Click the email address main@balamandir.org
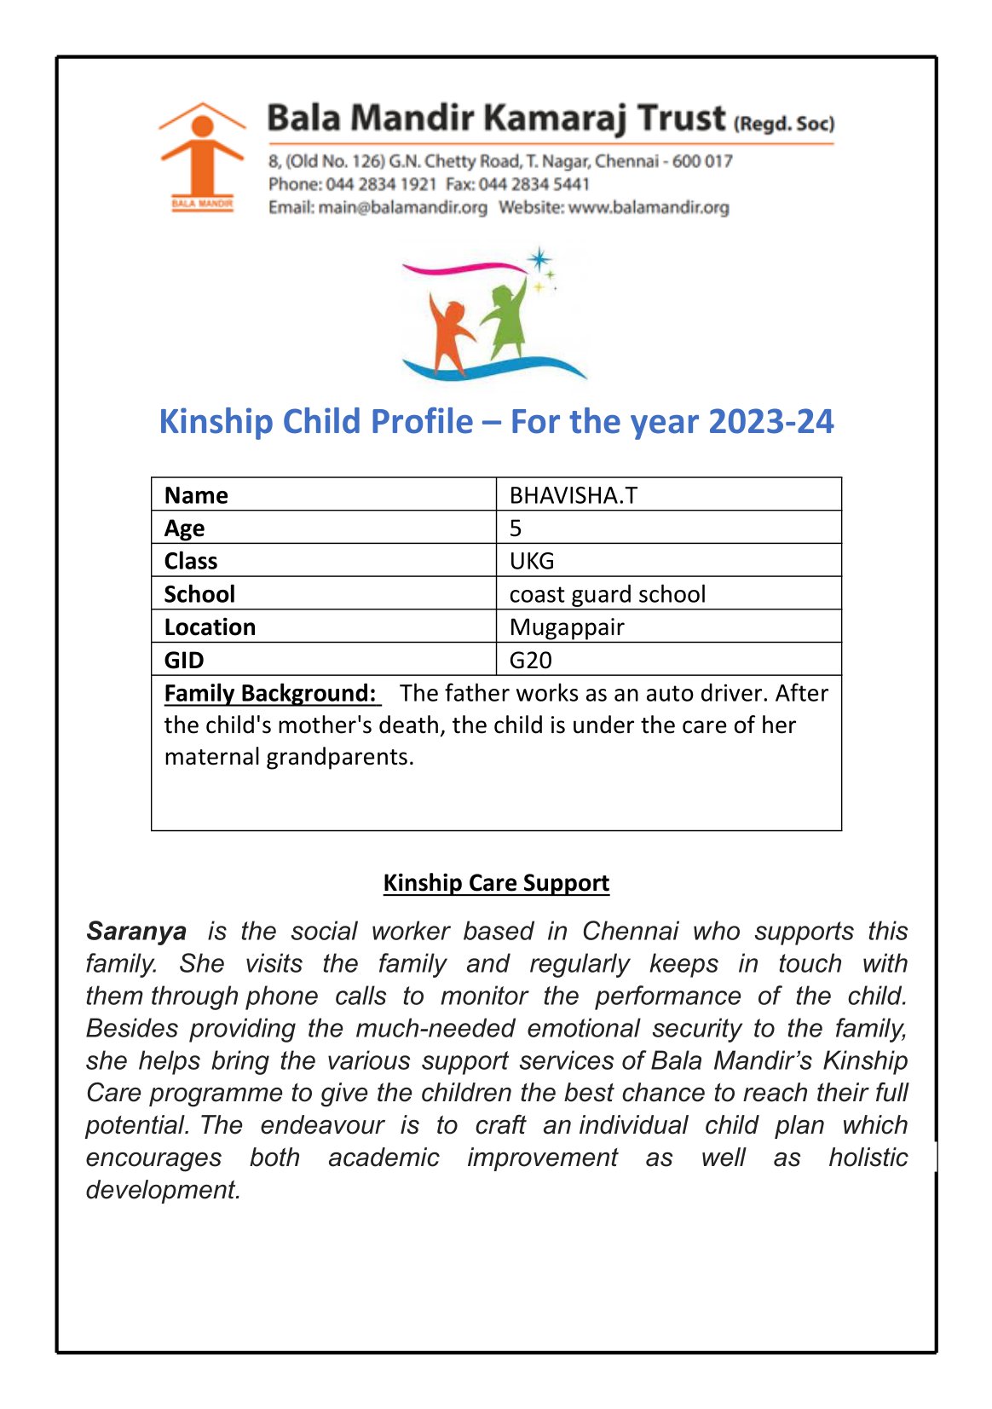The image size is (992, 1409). point(403,207)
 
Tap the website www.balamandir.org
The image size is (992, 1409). point(649,207)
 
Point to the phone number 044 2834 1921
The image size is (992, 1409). point(381,184)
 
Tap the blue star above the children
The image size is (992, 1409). point(539,259)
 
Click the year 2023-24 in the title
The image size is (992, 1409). point(770,421)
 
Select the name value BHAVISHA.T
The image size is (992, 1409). point(573,495)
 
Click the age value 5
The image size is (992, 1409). point(516,528)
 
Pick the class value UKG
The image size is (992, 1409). point(532,561)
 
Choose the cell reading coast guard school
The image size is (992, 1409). point(607,593)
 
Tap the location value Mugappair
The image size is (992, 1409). point(567,627)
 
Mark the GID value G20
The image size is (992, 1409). point(530,660)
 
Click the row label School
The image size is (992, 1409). point(199,593)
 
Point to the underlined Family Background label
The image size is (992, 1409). point(270,693)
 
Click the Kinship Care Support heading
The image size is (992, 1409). point(496,882)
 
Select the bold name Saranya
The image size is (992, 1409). point(136,931)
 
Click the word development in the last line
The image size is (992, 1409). point(163,1189)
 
